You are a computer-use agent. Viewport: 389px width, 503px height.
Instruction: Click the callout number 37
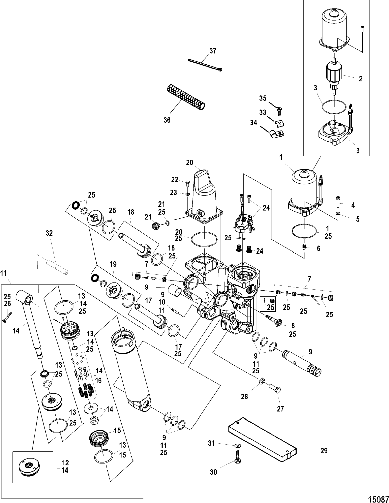213,51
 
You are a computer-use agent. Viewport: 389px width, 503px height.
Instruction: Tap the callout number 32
49,233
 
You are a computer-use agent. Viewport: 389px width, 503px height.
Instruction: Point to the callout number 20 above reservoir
190,162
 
